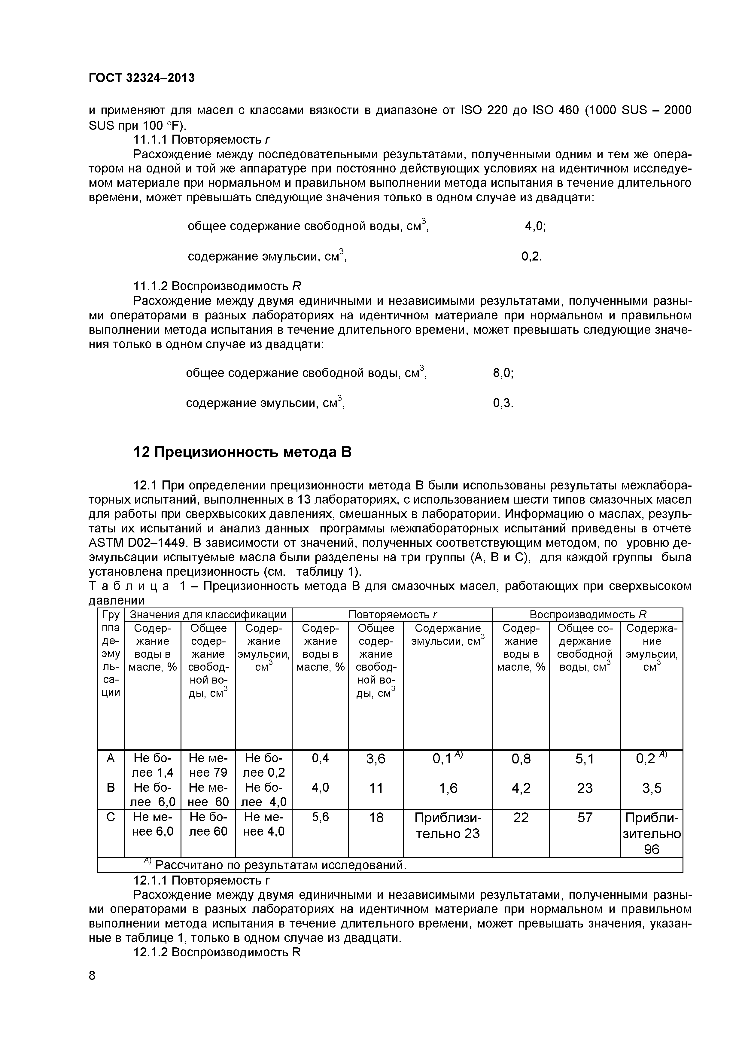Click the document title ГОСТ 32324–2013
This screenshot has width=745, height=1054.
tap(141, 78)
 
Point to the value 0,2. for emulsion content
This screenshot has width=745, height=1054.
tap(531, 257)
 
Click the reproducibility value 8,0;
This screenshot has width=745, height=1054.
tap(503, 373)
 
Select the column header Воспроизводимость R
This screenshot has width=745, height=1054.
tap(588, 615)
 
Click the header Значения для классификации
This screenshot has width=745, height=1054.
tap(208, 615)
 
